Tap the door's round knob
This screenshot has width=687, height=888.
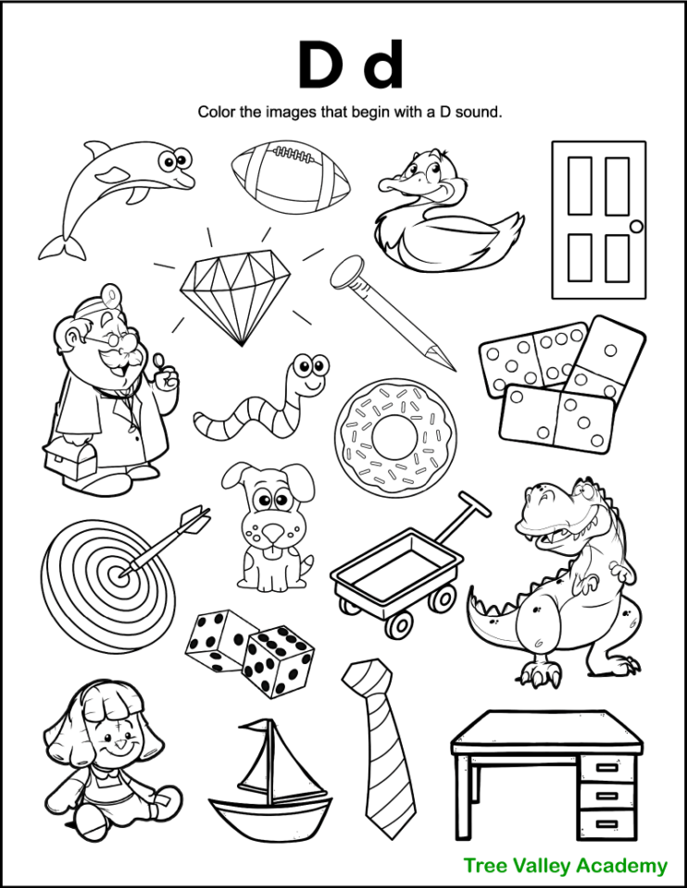click(x=635, y=227)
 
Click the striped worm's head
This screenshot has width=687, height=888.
click(x=310, y=373)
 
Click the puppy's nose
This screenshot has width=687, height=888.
click(x=269, y=535)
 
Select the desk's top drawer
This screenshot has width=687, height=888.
click(x=608, y=767)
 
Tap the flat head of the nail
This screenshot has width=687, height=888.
click(x=344, y=270)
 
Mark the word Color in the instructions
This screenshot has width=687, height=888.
click(x=215, y=112)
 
